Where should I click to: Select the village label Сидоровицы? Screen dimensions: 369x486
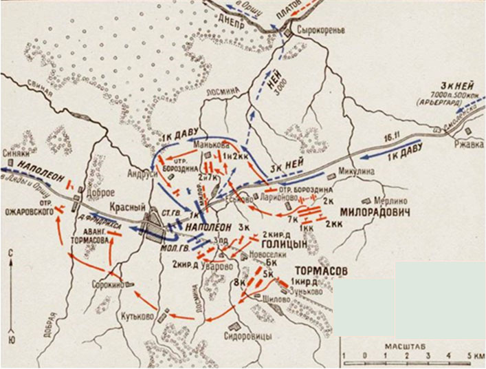pyautogui.click(x=248, y=336)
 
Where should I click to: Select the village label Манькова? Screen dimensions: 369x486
pyautogui.click(x=206, y=145)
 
